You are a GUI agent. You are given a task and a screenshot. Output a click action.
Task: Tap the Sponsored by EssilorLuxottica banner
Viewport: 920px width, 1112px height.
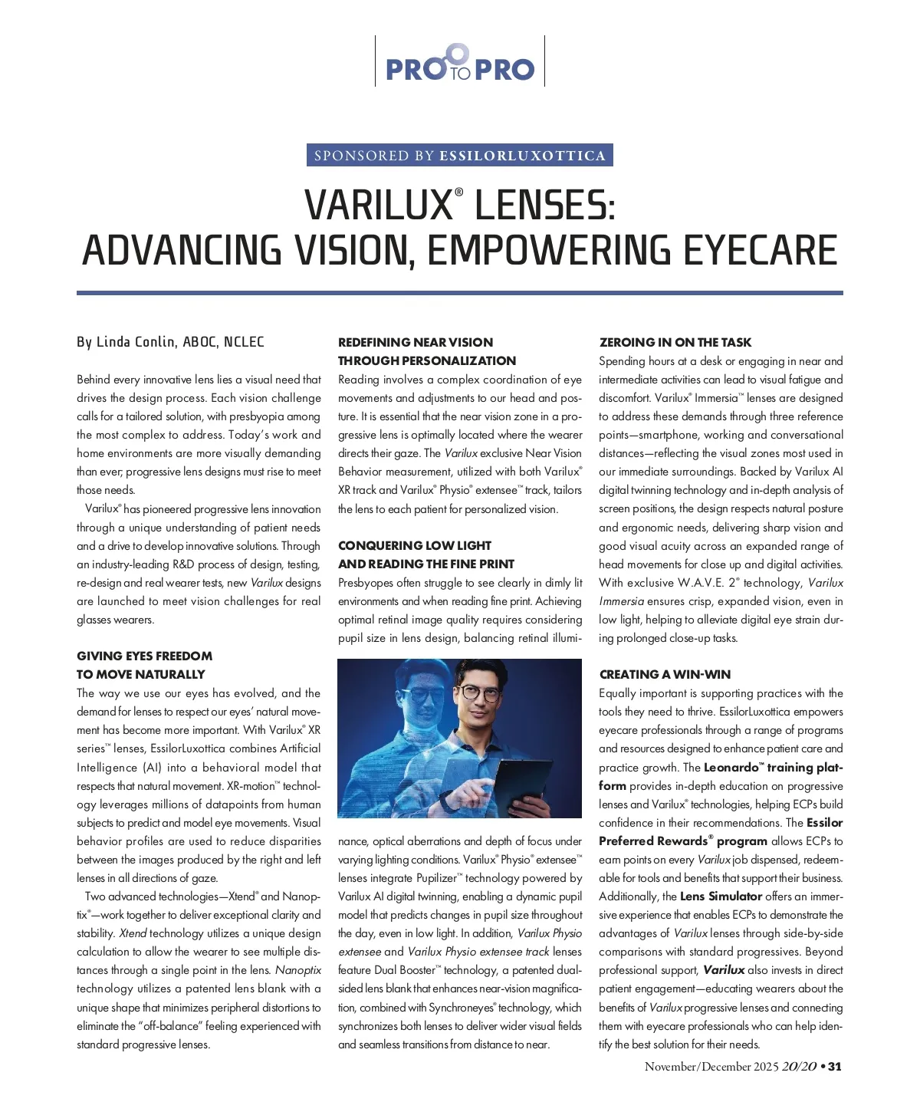tap(460, 156)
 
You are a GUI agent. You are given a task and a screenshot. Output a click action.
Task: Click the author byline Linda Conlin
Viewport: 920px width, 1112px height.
tap(170, 342)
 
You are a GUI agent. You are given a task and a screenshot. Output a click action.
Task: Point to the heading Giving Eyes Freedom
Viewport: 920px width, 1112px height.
tap(145, 656)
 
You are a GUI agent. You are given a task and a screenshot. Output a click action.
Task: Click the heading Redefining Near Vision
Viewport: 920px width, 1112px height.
tap(416, 343)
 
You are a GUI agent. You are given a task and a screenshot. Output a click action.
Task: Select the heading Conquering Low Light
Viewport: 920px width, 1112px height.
tap(415, 545)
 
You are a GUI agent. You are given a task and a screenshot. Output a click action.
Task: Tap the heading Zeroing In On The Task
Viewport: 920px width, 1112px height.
tap(675, 343)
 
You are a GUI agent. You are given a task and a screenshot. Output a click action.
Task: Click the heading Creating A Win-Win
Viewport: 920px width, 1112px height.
tap(665, 675)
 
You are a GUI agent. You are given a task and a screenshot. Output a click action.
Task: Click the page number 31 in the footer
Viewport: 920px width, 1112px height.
tap(835, 1067)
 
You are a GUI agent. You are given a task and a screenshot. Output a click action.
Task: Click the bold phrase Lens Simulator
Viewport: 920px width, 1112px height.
tap(721, 897)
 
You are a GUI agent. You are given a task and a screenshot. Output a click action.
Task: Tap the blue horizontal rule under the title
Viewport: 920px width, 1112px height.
tap(460, 293)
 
